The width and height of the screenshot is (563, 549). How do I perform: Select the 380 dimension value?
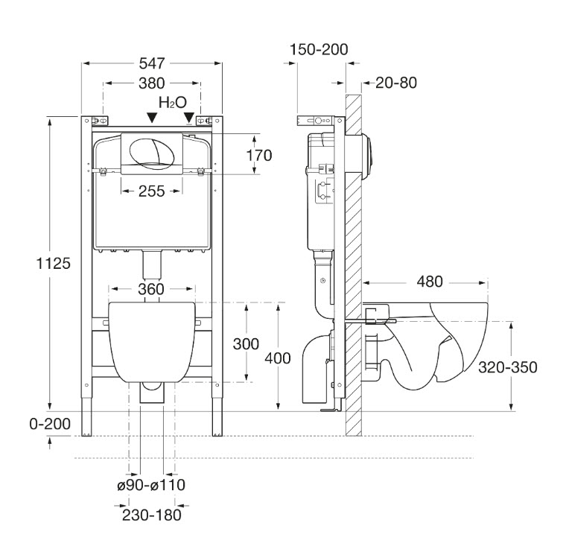click(x=151, y=83)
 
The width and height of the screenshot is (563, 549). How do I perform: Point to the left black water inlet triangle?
click(x=152, y=118)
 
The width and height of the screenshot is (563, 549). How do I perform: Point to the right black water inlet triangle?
click(x=189, y=118)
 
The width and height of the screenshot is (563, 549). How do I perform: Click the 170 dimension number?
click(x=260, y=155)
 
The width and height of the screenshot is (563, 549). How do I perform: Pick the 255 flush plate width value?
click(x=151, y=191)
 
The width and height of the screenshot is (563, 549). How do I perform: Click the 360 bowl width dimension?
click(x=151, y=288)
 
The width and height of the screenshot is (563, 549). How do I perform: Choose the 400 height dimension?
click(x=278, y=358)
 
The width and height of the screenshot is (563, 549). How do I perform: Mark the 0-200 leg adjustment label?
click(x=50, y=424)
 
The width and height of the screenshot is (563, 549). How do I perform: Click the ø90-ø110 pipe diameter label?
click(x=150, y=485)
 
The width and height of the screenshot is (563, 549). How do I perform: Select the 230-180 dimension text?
click(x=151, y=513)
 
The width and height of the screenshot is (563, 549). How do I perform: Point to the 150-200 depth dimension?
click(x=320, y=50)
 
